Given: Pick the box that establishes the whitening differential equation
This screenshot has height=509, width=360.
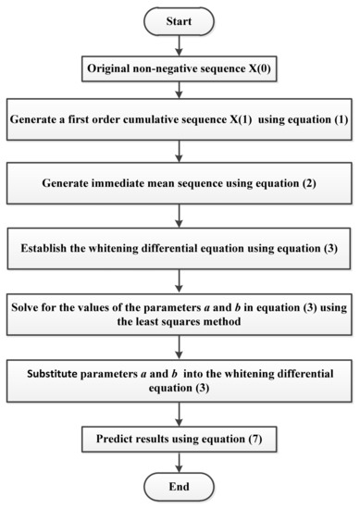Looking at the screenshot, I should click(x=180, y=248).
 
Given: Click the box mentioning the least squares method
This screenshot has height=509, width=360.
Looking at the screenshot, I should click(x=180, y=312).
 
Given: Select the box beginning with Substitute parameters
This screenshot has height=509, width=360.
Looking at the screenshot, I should click(x=180, y=378).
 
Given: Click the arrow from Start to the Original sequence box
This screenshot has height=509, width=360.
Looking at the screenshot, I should click(x=180, y=44).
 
